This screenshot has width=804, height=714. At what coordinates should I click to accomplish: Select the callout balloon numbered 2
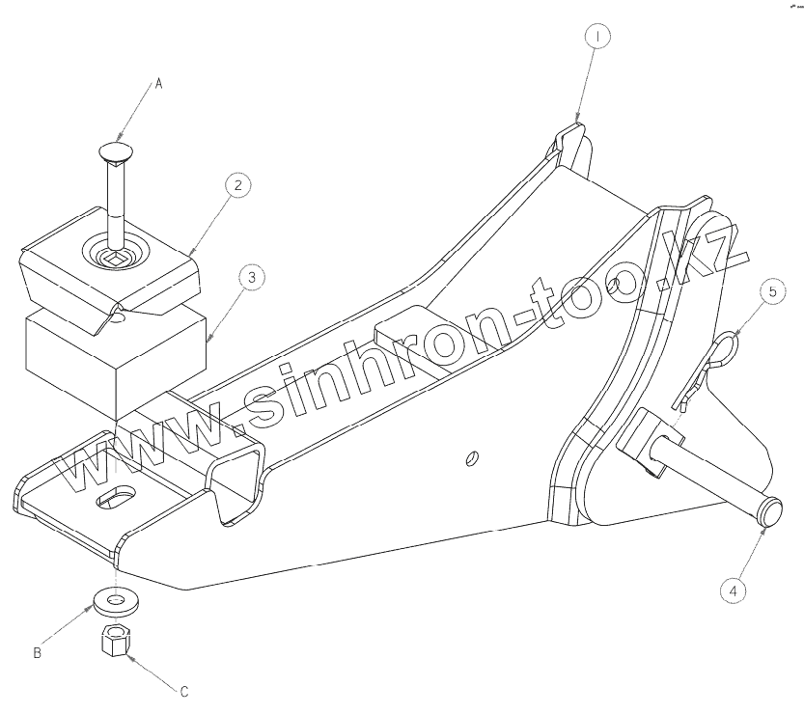click(x=237, y=183)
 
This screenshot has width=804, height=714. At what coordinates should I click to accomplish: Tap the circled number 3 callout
click(x=251, y=279)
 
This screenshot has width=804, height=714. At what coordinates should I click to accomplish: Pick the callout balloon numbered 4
click(x=735, y=590)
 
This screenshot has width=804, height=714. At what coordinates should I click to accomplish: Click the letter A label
click(x=160, y=85)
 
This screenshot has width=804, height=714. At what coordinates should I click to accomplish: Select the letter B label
click(x=37, y=653)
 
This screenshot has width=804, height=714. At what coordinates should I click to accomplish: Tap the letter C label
click(x=183, y=691)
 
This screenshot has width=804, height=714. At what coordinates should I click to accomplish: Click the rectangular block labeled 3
click(x=116, y=357)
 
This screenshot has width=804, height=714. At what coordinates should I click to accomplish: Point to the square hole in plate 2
click(x=116, y=258)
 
